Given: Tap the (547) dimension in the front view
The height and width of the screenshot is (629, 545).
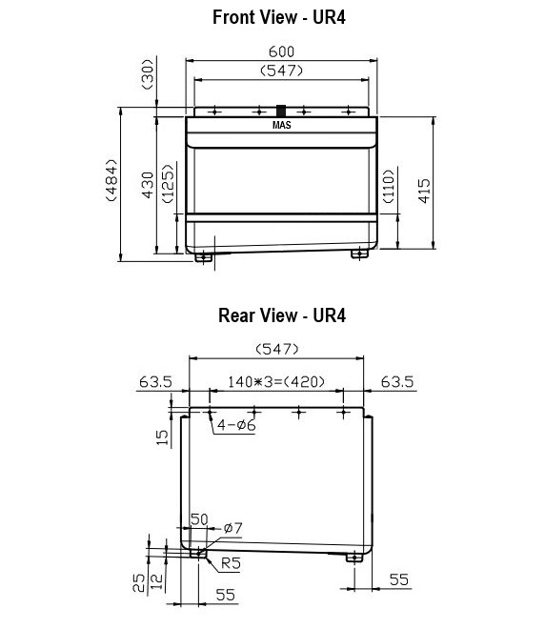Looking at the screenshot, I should [x=281, y=71].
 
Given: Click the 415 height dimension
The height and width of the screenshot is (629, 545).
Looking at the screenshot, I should [x=426, y=186].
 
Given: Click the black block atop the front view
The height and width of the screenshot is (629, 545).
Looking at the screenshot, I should [x=281, y=110].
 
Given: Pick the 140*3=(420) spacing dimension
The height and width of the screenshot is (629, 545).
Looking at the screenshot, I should [x=276, y=382].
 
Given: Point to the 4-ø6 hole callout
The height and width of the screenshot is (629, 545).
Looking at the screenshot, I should [x=234, y=426].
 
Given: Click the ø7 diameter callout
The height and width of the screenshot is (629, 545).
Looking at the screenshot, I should [x=234, y=527].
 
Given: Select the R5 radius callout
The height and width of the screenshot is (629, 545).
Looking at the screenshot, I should [x=230, y=562].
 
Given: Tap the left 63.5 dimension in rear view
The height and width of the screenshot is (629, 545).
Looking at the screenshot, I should [x=155, y=382].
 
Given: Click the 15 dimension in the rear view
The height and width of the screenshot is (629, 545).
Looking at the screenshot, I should [x=162, y=436].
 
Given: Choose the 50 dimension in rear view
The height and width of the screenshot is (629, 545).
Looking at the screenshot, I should [x=199, y=519].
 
